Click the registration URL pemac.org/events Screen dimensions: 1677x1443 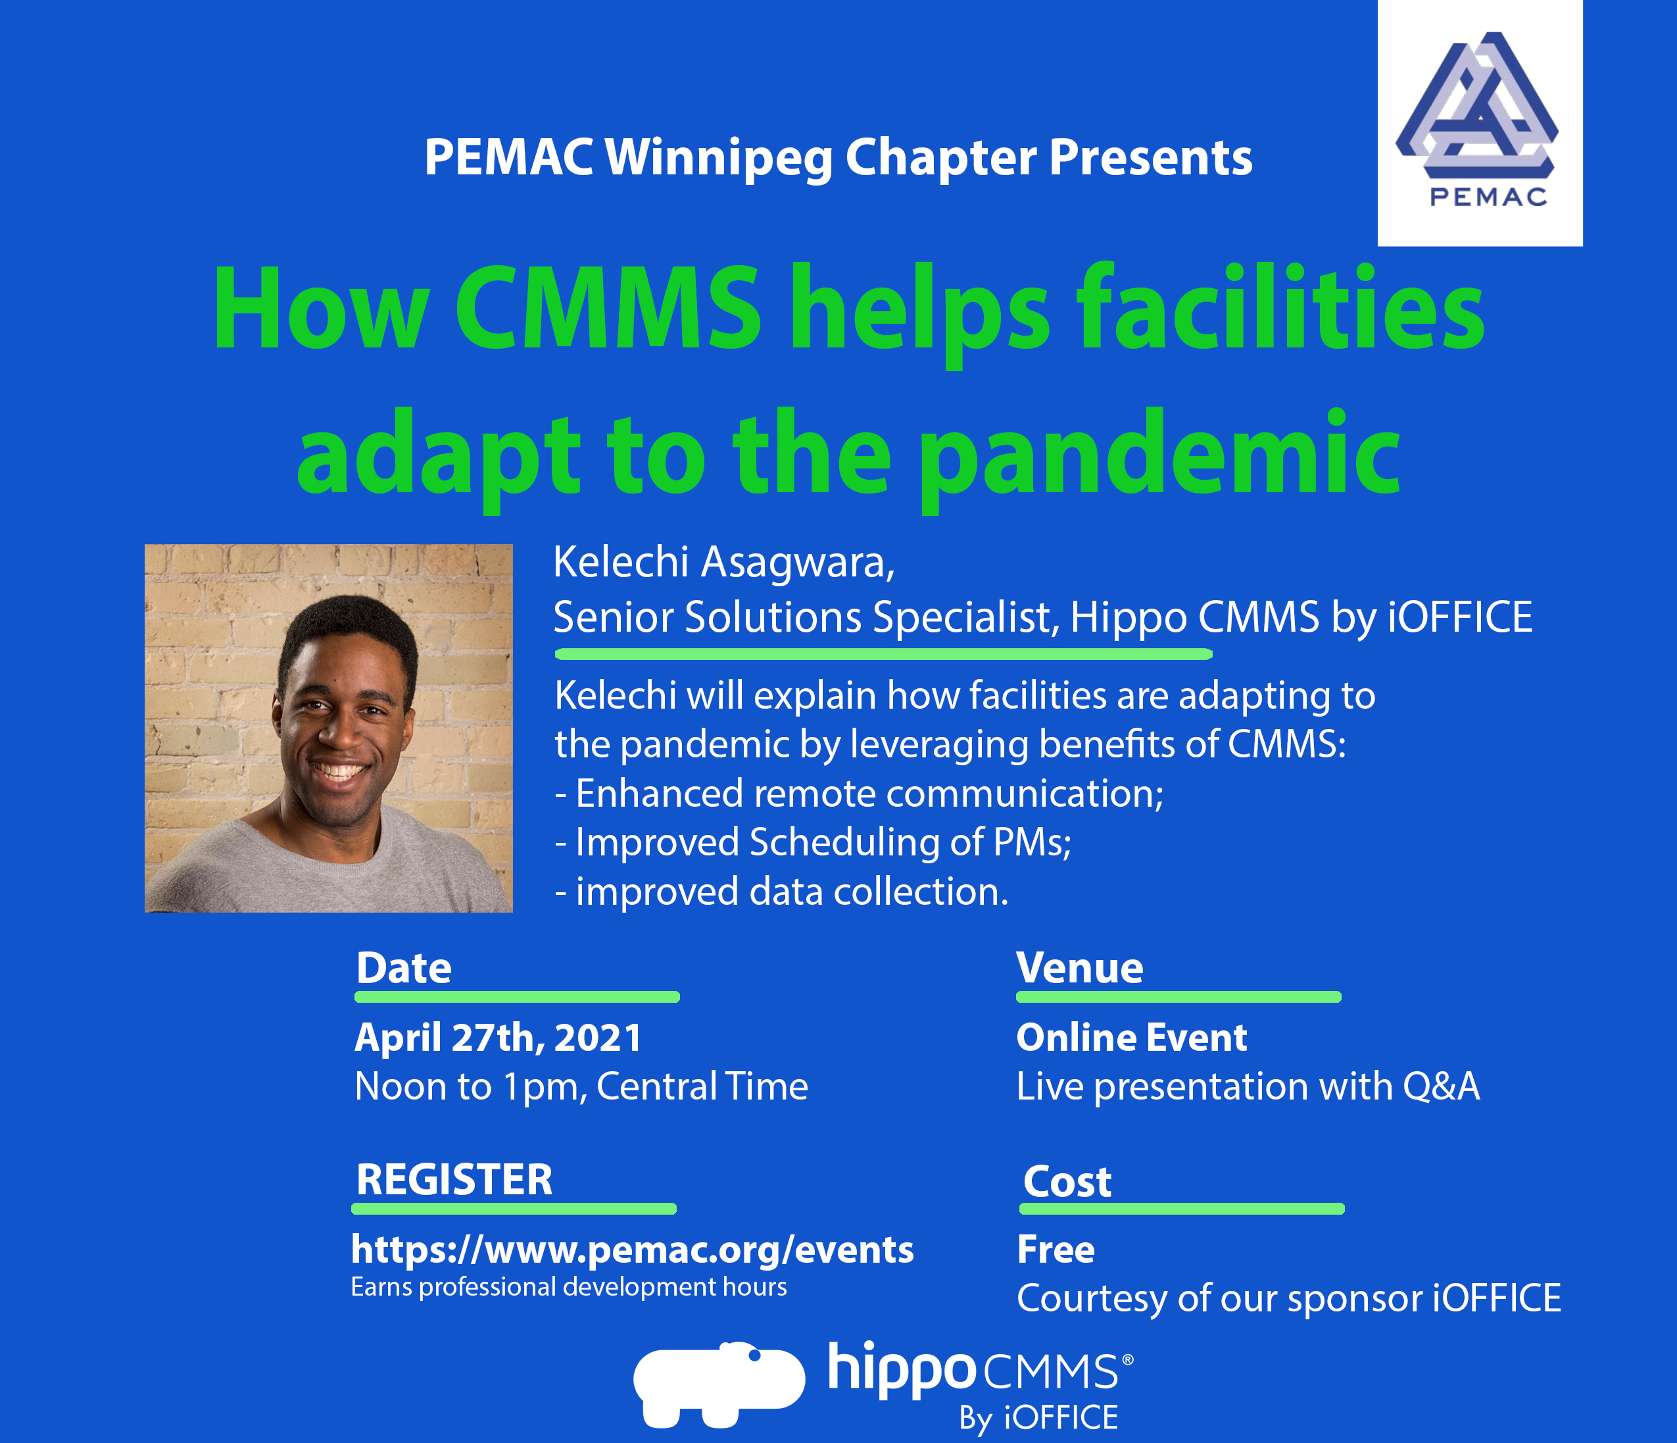click(x=632, y=1250)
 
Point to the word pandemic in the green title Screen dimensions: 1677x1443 click(x=1160, y=457)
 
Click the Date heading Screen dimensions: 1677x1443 click(x=404, y=968)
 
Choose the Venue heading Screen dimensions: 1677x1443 click(x=1080, y=968)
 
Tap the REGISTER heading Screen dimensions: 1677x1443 click(x=454, y=1179)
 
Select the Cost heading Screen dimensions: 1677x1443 click(x=1067, y=1182)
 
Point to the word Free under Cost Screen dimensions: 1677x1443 click(x=1056, y=1250)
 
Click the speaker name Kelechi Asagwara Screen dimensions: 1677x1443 click(x=723, y=562)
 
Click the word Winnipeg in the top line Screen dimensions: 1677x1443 click(x=719, y=158)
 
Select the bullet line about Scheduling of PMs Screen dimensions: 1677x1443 click(x=813, y=842)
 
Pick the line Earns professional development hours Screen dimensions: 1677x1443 click(x=568, y=1286)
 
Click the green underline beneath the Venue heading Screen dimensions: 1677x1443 click(x=1179, y=997)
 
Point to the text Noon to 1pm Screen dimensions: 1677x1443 click(x=470, y=1087)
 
